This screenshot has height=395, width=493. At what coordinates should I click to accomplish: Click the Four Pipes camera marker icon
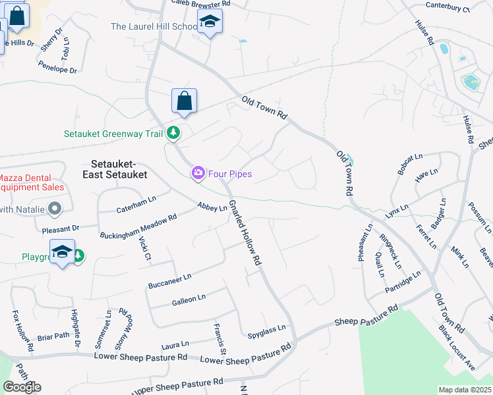pos(198,173)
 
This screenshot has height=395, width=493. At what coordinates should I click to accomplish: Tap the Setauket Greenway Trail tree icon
pos(173,133)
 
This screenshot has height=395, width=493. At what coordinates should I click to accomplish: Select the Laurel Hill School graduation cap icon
pos(210,22)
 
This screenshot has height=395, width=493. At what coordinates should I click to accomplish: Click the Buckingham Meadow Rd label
pos(138,226)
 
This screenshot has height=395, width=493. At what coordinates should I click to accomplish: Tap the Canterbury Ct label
pos(448,7)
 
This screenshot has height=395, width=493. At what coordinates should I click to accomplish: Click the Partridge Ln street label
pos(402,282)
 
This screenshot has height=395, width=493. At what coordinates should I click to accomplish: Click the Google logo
pos(22,386)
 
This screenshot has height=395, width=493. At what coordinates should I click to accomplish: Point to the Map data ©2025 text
pos(465,390)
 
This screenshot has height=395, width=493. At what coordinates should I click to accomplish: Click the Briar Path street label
pos(54,336)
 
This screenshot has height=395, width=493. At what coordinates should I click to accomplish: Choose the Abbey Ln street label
pos(212,206)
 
